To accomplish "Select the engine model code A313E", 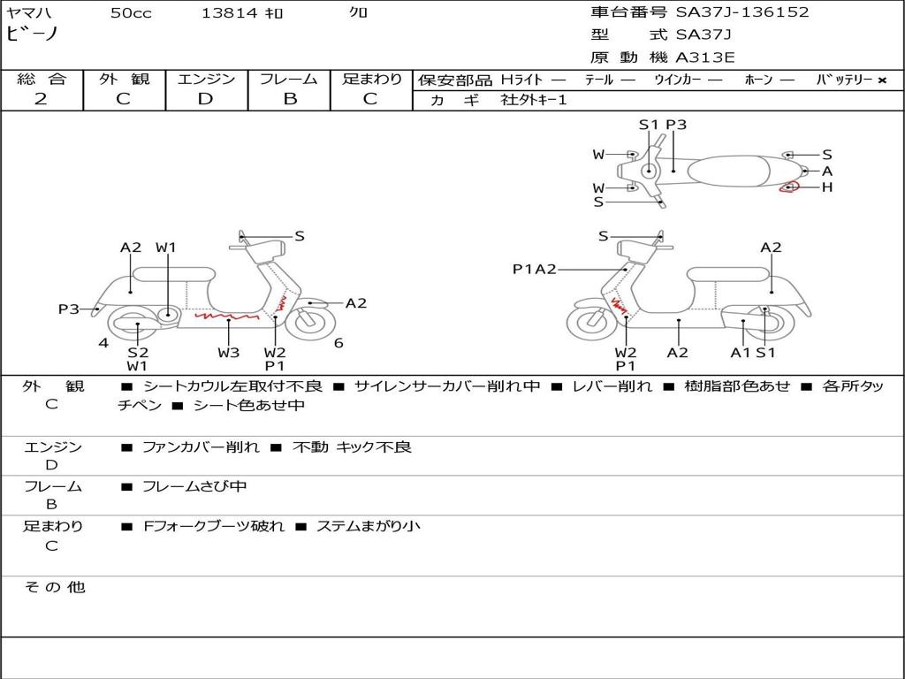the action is pyautogui.click(x=705, y=57).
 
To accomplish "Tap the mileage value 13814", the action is pyautogui.click(x=229, y=13).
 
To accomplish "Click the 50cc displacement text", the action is pyautogui.click(x=131, y=13).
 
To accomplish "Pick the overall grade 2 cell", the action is pyautogui.click(x=41, y=99).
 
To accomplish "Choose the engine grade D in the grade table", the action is pyautogui.click(x=205, y=99).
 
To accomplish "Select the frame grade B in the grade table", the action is pyautogui.click(x=289, y=99).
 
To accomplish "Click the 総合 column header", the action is pyautogui.click(x=41, y=79).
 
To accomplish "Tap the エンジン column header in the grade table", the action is pyautogui.click(x=206, y=79).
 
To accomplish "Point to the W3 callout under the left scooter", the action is pyautogui.click(x=228, y=352).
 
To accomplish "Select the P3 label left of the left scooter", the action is pyautogui.click(x=68, y=309).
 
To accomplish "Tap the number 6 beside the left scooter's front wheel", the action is pyautogui.click(x=338, y=343).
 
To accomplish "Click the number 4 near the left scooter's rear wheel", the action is pyautogui.click(x=103, y=343).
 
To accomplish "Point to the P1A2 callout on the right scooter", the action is pyautogui.click(x=534, y=269).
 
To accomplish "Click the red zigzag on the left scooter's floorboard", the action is pyautogui.click(x=226, y=314).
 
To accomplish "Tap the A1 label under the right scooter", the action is pyautogui.click(x=740, y=352).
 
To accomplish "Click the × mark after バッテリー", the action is pyautogui.click(x=881, y=80).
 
